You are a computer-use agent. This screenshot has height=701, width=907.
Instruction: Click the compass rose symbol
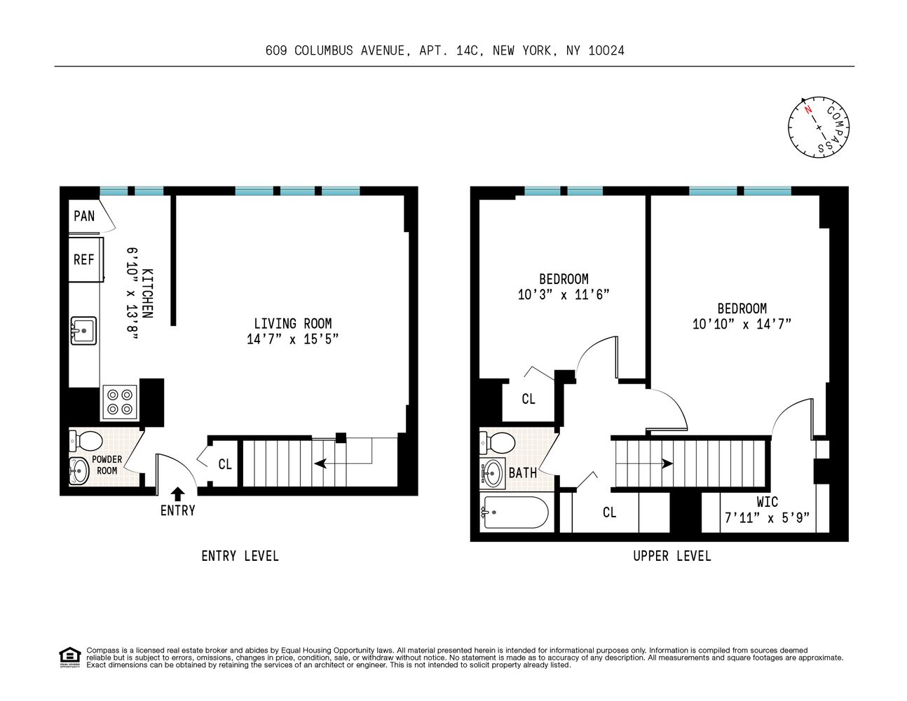click(819, 126)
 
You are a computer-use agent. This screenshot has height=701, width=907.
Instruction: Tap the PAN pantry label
click(84, 216)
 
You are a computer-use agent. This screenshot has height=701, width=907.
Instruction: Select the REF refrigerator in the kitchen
click(85, 259)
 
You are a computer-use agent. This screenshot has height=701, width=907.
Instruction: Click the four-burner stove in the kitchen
click(118, 402)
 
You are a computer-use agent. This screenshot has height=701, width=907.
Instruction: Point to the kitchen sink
click(83, 330)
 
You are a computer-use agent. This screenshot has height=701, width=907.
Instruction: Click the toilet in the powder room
click(86, 441)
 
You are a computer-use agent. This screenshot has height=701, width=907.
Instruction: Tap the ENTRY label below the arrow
click(177, 510)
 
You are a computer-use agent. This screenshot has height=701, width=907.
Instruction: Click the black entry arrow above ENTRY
click(177, 493)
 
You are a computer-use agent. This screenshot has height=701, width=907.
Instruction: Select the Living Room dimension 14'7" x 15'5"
click(293, 339)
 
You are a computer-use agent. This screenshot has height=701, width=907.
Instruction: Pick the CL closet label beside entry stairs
click(224, 464)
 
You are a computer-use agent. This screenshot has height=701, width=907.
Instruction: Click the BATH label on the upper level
click(522, 473)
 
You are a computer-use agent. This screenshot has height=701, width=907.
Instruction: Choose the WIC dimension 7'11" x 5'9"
click(767, 518)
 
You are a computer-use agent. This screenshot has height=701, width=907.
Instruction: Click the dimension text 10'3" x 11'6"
click(564, 295)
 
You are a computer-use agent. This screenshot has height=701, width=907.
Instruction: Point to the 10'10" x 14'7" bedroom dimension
click(742, 324)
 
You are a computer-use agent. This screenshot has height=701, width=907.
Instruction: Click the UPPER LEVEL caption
click(671, 556)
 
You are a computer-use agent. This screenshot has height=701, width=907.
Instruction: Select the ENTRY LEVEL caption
click(240, 556)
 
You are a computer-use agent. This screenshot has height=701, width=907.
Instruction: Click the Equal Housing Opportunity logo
click(69, 658)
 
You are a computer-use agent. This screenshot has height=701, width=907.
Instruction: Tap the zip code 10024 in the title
click(606, 50)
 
